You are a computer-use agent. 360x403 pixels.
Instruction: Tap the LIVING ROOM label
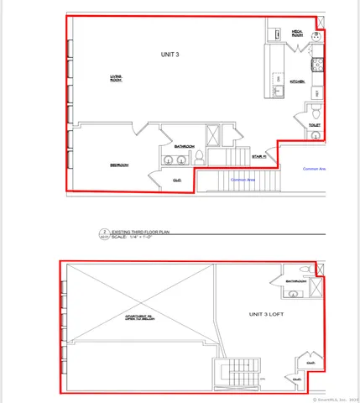(x=117, y=79)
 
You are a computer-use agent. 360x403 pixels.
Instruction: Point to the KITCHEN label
(x=297, y=81)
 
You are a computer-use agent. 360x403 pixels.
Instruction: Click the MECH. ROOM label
(x=297, y=33)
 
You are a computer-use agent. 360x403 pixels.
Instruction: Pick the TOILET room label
(x=315, y=126)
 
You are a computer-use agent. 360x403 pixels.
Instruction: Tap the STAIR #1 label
(x=258, y=156)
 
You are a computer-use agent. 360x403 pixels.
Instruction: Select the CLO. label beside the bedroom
(x=177, y=180)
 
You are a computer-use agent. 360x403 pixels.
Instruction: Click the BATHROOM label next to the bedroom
(x=185, y=146)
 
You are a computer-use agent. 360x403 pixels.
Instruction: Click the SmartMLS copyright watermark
(x=337, y=398)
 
